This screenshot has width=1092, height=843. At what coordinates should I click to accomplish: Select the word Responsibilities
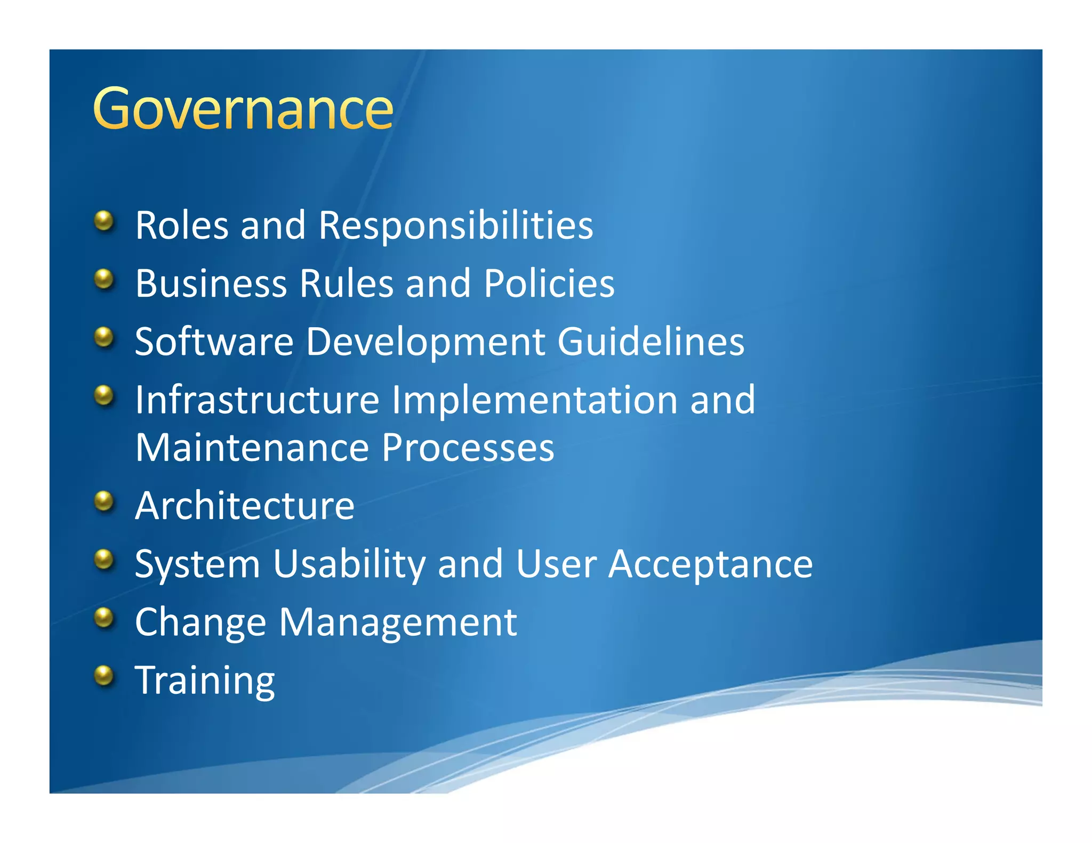coord(455,225)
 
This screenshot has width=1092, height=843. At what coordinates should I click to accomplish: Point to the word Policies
coord(549,283)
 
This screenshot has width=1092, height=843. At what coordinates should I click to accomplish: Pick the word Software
coord(214,342)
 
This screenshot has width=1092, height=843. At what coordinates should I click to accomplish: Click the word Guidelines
coord(651,342)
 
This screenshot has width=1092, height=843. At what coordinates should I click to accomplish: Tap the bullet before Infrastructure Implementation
coord(105,395)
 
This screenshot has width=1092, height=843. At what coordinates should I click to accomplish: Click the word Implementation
coord(535,400)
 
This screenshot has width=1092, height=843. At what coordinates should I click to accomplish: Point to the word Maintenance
coord(252,448)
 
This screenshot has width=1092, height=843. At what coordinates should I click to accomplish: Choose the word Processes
coord(468,448)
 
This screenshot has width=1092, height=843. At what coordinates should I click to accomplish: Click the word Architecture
coord(245,505)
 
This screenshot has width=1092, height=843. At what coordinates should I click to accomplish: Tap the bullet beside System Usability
coord(105,560)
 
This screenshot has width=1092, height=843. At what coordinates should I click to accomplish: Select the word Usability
coord(349,564)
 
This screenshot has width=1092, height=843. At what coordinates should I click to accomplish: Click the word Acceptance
coord(710,564)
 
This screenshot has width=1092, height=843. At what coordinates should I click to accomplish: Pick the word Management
coord(398,622)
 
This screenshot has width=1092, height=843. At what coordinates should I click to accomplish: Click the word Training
coord(205,680)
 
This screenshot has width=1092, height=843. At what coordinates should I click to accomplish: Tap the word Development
coord(425,342)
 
